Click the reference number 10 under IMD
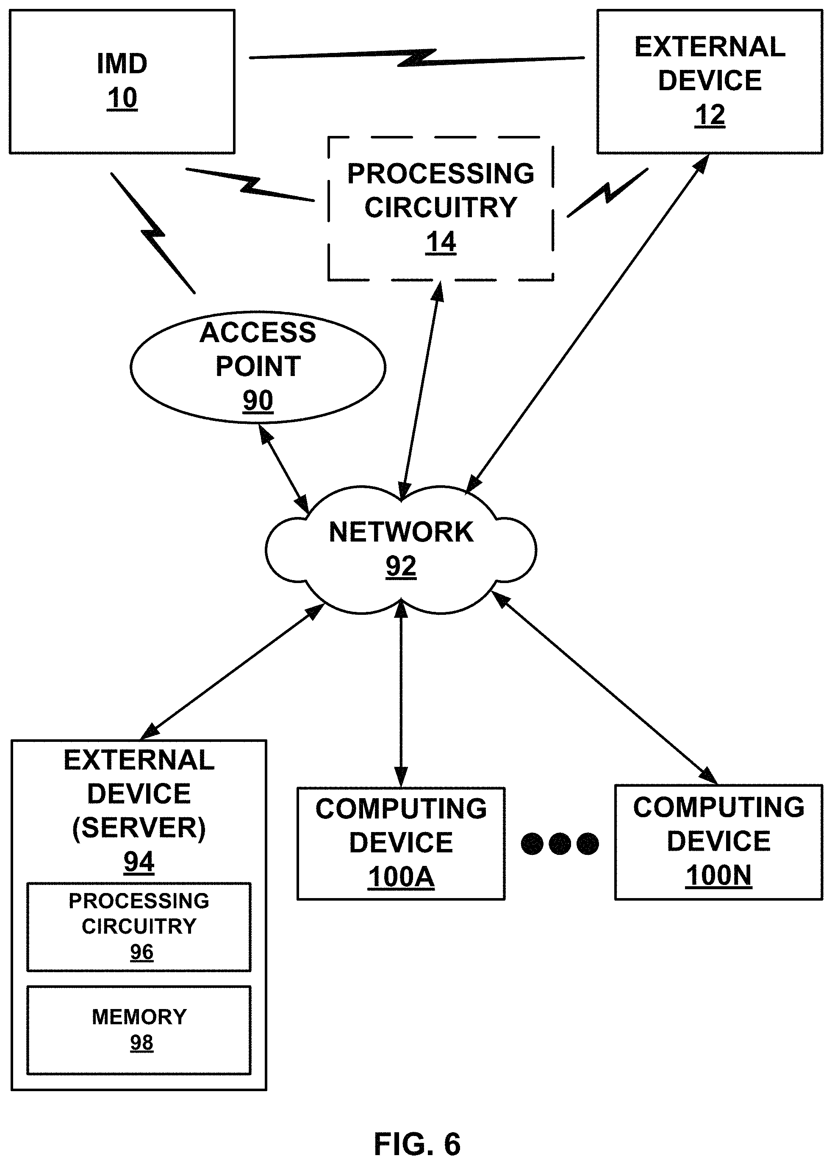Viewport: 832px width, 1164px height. tap(122, 98)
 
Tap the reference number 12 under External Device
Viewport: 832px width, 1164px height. tap(710, 115)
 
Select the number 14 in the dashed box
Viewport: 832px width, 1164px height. tap(441, 242)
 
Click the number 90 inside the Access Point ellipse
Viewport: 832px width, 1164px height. tap(258, 401)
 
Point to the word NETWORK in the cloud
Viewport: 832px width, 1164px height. tap(401, 532)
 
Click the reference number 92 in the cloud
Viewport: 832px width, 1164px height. tap(401, 567)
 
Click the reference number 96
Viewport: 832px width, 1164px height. tap(141, 952)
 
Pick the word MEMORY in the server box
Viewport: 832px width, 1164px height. tap(139, 1017)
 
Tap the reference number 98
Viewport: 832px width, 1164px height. tap(141, 1042)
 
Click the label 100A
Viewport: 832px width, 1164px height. tap(401, 877)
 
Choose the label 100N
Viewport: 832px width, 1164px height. tap(718, 875)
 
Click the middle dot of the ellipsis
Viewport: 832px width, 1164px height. tap(560, 843)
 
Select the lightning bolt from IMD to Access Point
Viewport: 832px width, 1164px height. tap(153, 233)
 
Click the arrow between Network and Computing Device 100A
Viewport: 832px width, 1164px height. tap(401, 694)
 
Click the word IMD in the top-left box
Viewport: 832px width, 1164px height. tap(122, 64)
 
